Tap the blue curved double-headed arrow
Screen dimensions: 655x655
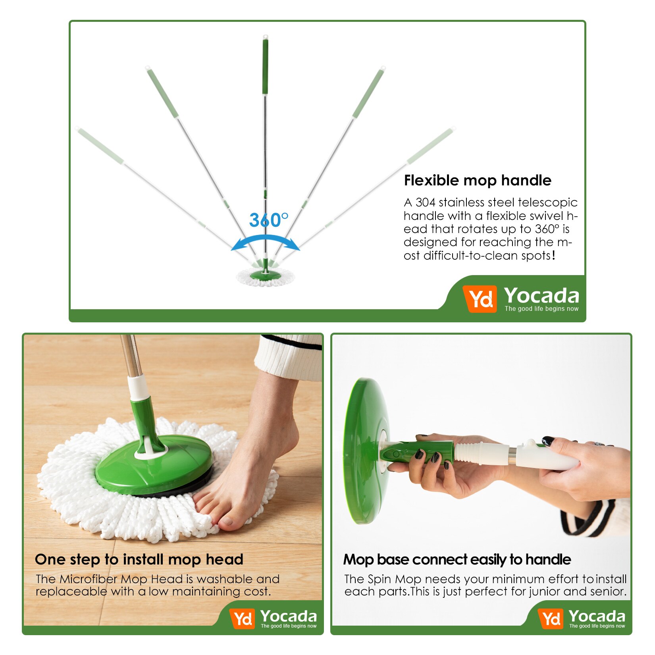tap(265, 239)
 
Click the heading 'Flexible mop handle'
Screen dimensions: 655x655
tap(477, 181)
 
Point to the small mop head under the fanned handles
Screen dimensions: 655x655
tap(265, 277)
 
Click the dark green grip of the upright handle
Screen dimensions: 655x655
tap(265, 65)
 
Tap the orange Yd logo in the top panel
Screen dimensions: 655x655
tap(480, 299)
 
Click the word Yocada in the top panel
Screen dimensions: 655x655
tap(541, 296)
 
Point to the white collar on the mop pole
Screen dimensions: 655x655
tap(138, 387)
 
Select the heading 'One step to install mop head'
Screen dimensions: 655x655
tap(139, 559)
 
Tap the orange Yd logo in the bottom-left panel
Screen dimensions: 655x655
tap(242, 618)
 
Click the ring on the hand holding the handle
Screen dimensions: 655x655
tap(600, 443)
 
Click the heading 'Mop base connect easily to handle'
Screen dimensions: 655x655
tap(457, 559)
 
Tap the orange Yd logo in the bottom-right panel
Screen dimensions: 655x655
tap(551, 618)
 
